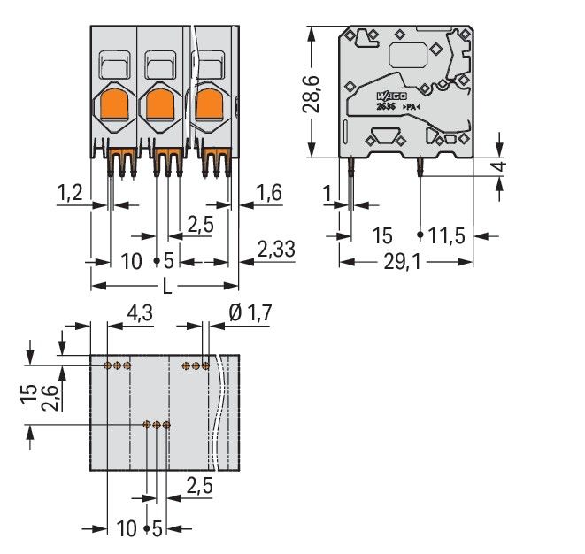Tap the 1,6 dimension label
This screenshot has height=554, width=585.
[269, 192]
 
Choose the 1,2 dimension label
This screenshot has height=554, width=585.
[71, 192]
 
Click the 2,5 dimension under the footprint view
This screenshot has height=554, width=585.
[200, 484]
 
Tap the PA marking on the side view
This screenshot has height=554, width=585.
[412, 107]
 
